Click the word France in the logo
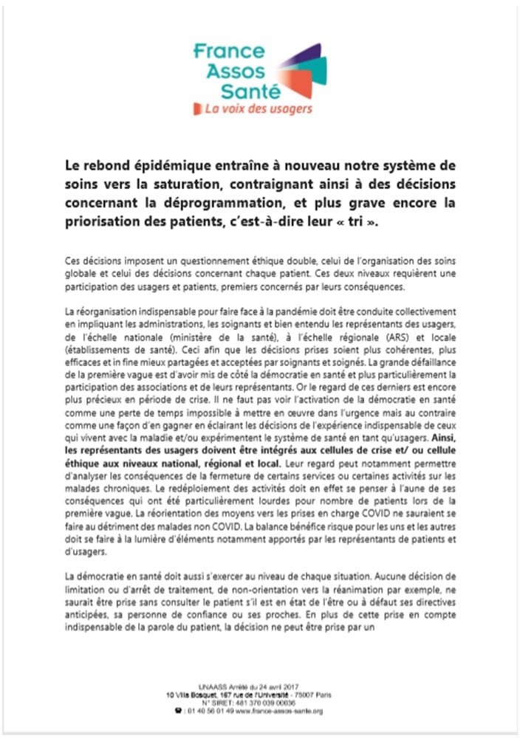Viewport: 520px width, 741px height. [x=228, y=52]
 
